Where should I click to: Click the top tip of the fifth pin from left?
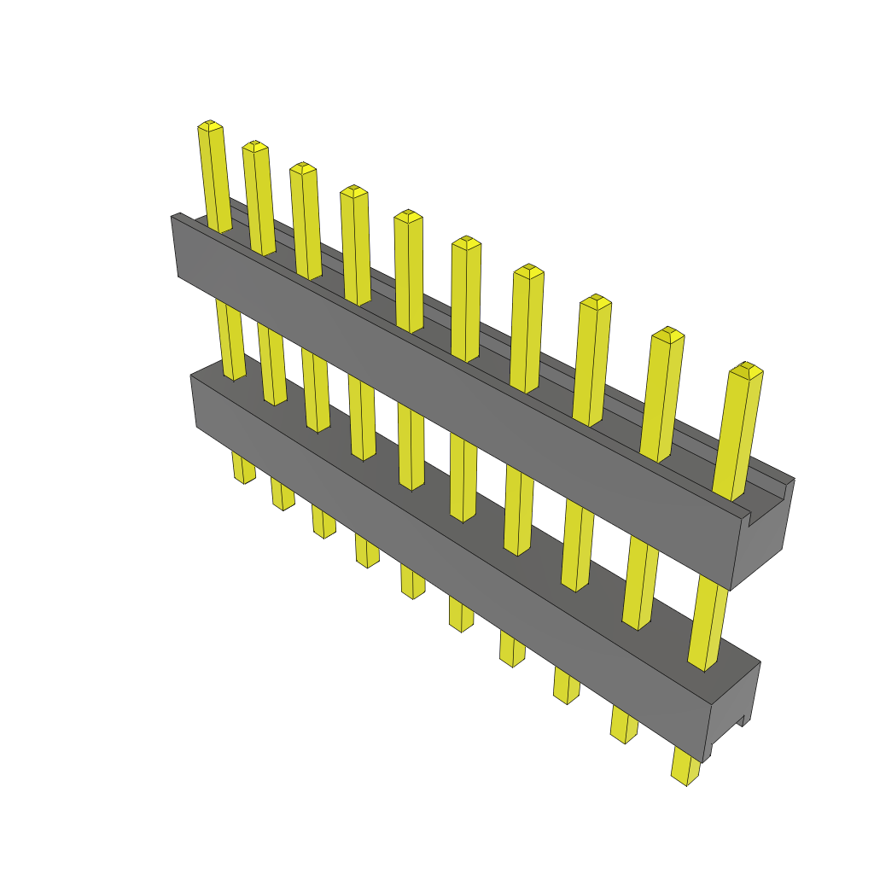(x=408, y=215)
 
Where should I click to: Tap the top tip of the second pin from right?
(x=668, y=334)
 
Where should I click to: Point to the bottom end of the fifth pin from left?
(x=413, y=591)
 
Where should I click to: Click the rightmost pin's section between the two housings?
(x=708, y=623)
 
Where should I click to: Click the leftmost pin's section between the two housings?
(x=230, y=341)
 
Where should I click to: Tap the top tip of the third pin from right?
(x=595, y=300)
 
